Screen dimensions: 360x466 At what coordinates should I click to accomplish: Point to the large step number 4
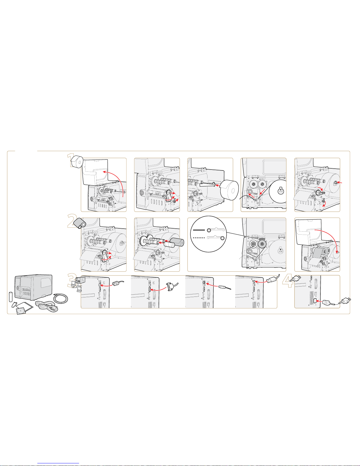[x=287, y=281]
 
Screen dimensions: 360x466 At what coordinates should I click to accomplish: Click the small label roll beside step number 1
[x=77, y=162]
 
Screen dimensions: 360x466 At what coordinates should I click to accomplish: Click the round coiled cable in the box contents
[x=61, y=298]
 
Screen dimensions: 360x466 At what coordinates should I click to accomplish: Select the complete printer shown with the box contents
[x=34, y=287]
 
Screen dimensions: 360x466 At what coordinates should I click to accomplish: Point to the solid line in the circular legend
[x=199, y=230]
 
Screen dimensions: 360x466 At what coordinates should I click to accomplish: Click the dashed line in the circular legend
[x=199, y=238]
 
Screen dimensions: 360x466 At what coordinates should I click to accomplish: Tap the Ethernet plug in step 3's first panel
[x=118, y=283]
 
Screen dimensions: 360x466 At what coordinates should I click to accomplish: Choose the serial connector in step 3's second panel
[x=171, y=286]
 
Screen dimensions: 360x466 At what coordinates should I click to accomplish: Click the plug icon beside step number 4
[x=296, y=278]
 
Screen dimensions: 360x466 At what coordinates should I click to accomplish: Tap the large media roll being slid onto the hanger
[x=230, y=190]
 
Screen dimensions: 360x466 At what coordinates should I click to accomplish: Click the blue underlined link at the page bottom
[x=58, y=463]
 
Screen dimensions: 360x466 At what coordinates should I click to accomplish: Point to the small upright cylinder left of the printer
[x=11, y=296]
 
